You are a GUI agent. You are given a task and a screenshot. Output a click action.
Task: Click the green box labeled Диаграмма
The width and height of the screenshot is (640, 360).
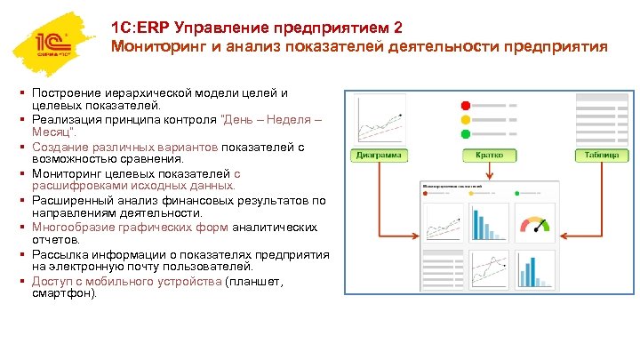pyautogui.click(x=378, y=155)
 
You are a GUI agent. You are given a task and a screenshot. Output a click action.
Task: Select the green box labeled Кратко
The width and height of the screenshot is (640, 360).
pyautogui.click(x=489, y=155)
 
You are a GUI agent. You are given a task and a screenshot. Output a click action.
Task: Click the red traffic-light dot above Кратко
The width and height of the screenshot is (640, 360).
pyautogui.click(x=464, y=106)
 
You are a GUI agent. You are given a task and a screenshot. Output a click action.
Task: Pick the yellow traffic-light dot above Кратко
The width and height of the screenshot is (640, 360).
pyautogui.click(x=464, y=119)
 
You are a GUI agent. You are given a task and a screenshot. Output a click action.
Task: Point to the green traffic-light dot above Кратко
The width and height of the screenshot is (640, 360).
pyautogui.click(x=464, y=133)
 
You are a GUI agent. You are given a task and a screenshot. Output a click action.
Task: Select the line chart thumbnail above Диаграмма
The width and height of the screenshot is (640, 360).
pyautogui.click(x=378, y=117)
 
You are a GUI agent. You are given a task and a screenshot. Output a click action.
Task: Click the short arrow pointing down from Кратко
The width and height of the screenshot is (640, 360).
pyautogui.click(x=489, y=171)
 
